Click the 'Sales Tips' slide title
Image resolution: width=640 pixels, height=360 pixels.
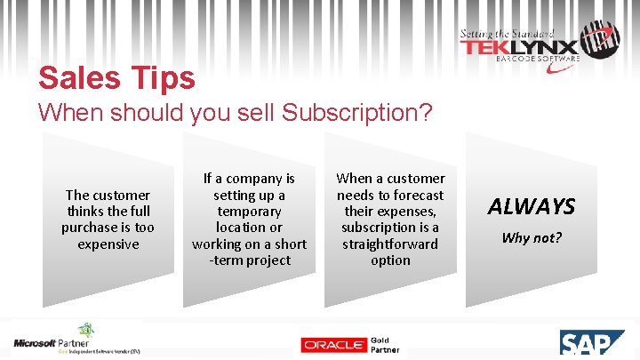[x=116, y=77]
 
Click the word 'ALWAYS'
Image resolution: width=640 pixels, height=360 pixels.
[x=531, y=207]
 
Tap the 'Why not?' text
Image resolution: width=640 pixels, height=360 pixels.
[x=531, y=237]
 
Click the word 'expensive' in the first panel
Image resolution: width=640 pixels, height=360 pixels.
[x=108, y=244]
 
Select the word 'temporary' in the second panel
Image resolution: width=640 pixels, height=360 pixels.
[x=249, y=212]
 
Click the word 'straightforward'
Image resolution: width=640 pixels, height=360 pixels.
[x=390, y=244]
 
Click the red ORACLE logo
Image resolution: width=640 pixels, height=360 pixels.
[x=332, y=345]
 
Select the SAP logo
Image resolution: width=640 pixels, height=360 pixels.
[x=597, y=343]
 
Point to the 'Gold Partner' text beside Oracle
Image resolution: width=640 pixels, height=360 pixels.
[x=384, y=345]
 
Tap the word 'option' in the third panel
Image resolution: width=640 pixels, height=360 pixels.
[x=390, y=260]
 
